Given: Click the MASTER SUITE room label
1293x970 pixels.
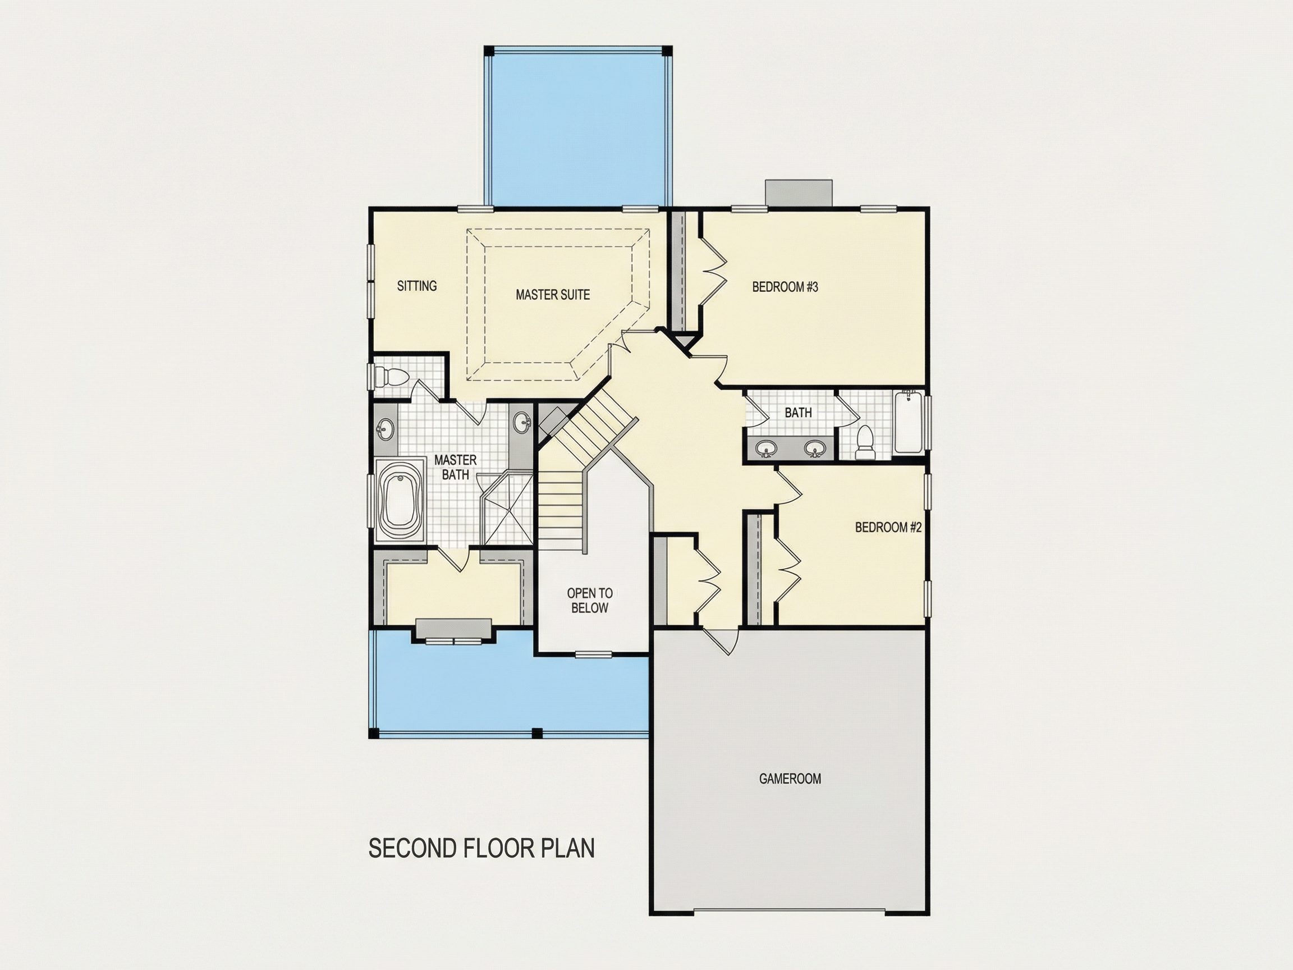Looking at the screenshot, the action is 552,295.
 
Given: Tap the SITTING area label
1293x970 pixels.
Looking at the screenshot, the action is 417,286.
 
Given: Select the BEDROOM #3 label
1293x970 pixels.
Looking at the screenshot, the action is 785,286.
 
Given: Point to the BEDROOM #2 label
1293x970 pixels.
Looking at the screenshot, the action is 888,528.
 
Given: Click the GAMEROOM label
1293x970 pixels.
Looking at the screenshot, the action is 790,779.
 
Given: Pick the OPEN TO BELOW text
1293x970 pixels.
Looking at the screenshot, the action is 590,601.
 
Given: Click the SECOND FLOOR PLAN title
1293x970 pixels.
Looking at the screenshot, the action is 482,848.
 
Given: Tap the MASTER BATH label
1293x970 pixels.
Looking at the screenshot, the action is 455,467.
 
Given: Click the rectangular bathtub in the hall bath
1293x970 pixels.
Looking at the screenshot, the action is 908,422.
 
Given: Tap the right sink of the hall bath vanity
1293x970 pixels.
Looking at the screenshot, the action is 814,449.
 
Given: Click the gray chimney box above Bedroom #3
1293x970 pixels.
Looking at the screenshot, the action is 799,193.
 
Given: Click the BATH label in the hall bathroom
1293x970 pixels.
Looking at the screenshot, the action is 798,413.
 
